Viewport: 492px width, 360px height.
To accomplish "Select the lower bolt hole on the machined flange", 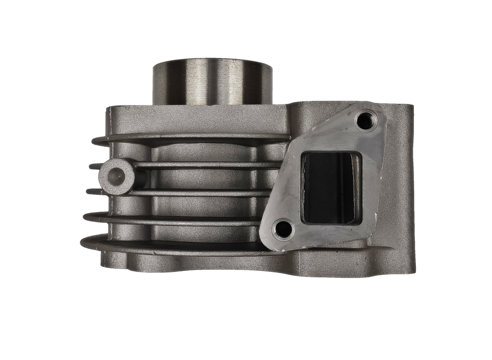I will tap(283, 228).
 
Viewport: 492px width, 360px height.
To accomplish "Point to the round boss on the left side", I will tap(118, 175).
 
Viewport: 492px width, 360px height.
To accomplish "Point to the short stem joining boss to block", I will tap(142, 176).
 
